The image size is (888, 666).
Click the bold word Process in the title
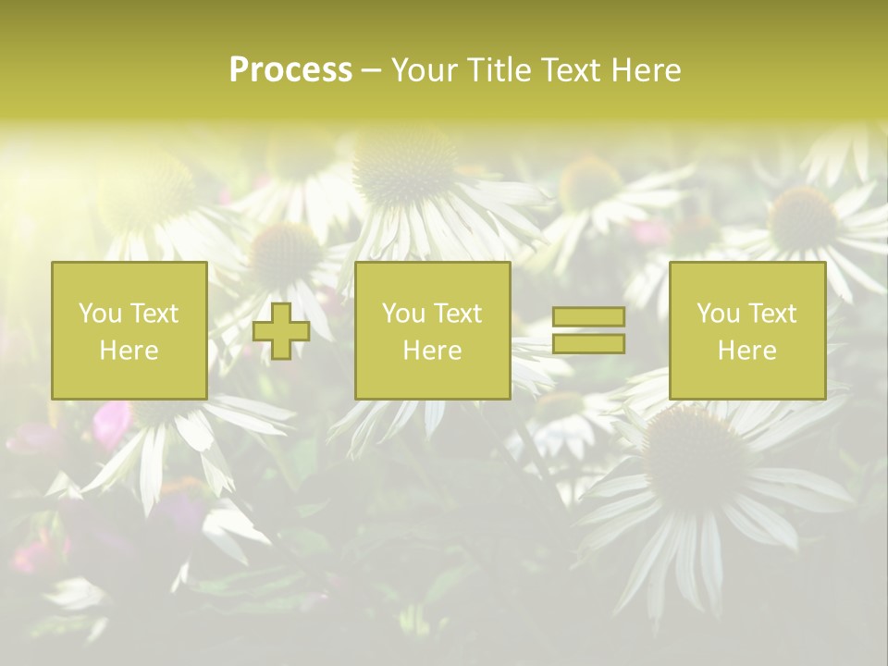290,70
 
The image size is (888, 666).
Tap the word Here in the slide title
645,70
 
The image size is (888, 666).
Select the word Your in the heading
424,70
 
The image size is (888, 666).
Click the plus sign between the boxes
281,331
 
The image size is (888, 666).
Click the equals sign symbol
588,330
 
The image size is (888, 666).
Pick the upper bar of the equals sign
588,316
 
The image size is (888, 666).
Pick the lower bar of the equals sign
588,344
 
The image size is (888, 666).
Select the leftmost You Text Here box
129,331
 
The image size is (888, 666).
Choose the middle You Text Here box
432,331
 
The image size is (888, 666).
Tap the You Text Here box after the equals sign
747,331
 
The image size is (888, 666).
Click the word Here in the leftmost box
129,351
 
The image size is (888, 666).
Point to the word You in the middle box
403,314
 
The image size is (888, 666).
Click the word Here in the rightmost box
747,351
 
